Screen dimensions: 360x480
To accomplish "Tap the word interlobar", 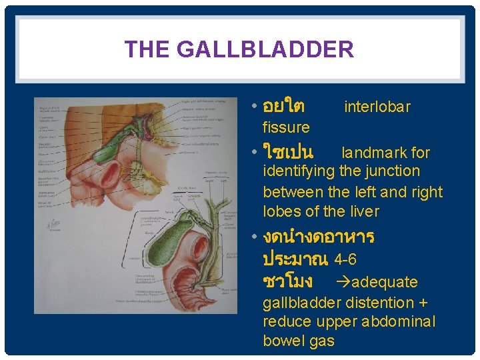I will point(377,107).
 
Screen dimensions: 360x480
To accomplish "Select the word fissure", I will point(286,127).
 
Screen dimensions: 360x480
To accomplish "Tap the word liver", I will point(363,212).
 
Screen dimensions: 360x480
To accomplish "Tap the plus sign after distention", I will point(424,303).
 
